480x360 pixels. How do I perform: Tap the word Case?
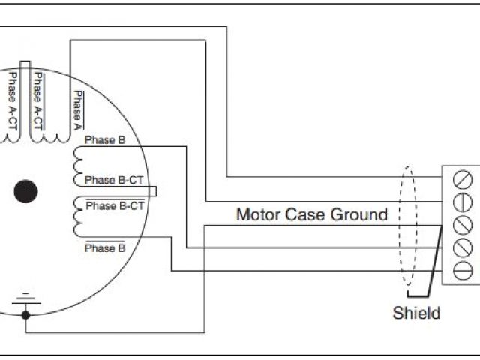pos(303,215)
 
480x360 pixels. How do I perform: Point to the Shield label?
pos(416,313)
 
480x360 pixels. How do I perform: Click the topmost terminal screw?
pos(463,180)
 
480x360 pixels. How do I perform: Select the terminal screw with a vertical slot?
pos(463,202)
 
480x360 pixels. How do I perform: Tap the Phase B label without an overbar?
pos(110,140)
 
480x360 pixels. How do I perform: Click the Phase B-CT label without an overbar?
pos(115,180)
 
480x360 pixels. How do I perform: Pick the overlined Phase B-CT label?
pos(115,205)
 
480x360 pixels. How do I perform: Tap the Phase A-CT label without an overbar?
pos(13,101)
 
